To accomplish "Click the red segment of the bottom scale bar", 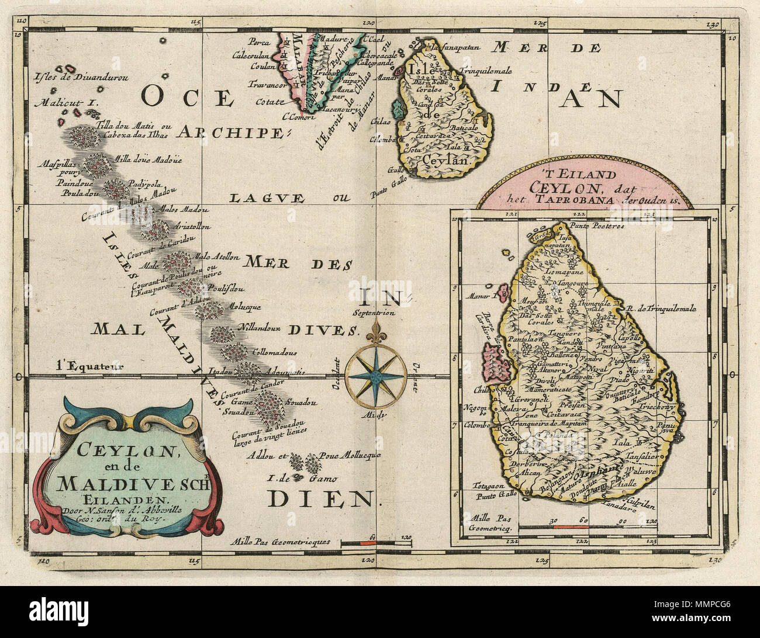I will [366, 543].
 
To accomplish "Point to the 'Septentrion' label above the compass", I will [374, 313].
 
